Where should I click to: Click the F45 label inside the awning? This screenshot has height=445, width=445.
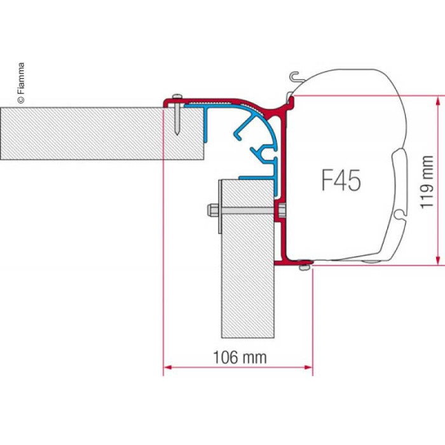(341, 180)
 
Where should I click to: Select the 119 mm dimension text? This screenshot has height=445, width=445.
(427, 182)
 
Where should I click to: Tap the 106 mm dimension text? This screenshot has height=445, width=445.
(240, 357)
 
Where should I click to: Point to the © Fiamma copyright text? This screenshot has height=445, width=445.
(21, 83)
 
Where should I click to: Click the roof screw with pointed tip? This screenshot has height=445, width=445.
(177, 114)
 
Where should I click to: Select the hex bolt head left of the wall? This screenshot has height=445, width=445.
(212, 210)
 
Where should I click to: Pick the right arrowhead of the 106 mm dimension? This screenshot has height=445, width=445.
(308, 367)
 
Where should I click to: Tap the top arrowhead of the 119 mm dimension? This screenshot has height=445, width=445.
(439, 100)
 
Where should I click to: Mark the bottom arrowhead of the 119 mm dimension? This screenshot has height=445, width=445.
(439, 261)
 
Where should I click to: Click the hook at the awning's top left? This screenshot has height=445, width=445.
(294, 76)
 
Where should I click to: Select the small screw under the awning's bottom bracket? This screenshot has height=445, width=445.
(304, 266)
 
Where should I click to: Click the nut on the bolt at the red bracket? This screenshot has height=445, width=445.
(282, 210)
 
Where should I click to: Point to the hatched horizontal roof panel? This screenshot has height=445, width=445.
(102, 133)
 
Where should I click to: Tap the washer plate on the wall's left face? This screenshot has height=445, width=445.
(220, 207)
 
